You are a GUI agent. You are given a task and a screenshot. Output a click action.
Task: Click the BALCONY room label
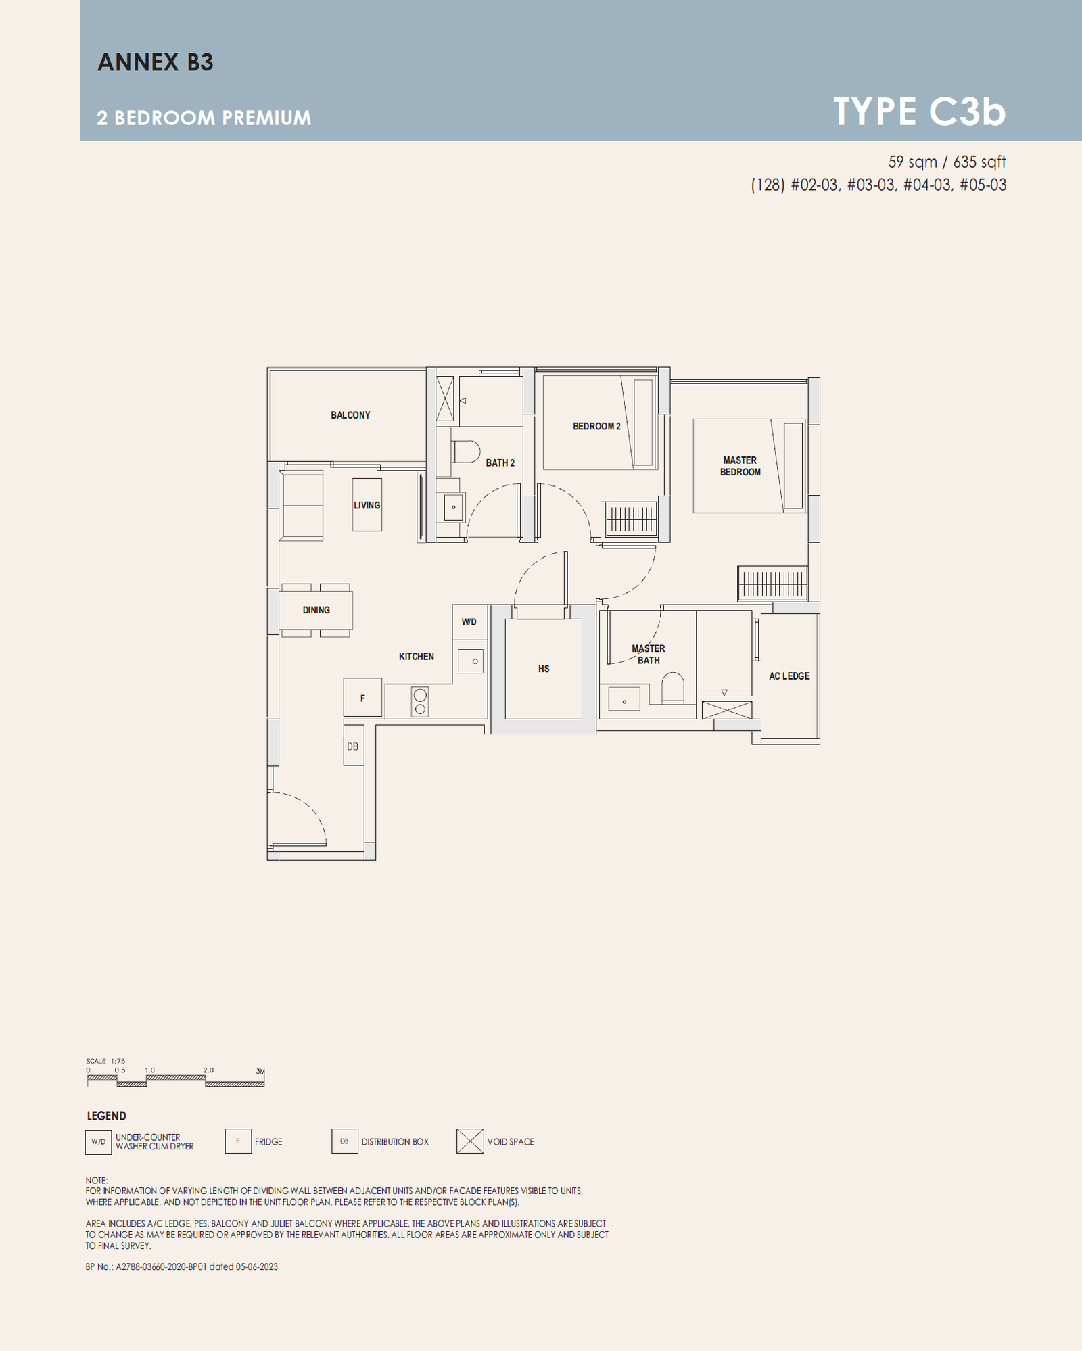pos(350,415)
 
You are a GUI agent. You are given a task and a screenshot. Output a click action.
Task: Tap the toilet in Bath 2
pos(465,452)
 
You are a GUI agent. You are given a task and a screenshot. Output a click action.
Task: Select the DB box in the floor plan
pos(354,745)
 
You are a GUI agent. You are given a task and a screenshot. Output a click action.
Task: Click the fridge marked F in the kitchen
pos(362,698)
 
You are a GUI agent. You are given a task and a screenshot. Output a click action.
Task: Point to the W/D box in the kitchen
pos(469,622)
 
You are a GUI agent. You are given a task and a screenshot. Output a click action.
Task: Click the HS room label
pos(544,669)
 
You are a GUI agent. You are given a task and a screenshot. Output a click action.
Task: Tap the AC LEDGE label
pos(789,676)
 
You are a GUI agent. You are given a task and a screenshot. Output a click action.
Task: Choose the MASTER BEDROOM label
pos(740,466)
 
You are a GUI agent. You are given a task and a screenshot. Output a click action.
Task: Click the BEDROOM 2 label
pos(596,426)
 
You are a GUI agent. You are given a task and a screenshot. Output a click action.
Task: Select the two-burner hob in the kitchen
pos(420,702)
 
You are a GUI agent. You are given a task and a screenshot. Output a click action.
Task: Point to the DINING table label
pos(316,610)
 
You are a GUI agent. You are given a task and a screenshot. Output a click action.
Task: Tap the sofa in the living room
pos(302,506)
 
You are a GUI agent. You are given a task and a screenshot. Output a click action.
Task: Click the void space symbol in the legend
pos(470,1141)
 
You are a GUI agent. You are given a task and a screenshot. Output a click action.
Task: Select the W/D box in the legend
pos(99,1142)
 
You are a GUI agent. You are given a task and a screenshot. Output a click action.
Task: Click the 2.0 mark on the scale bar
pos(208,1070)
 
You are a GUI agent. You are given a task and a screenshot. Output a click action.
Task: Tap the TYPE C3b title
pos(920,112)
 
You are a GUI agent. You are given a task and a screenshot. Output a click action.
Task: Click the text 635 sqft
pos(980,162)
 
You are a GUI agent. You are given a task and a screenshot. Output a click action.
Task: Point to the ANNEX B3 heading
pos(156,62)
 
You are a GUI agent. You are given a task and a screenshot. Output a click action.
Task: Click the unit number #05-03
pos(983,185)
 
